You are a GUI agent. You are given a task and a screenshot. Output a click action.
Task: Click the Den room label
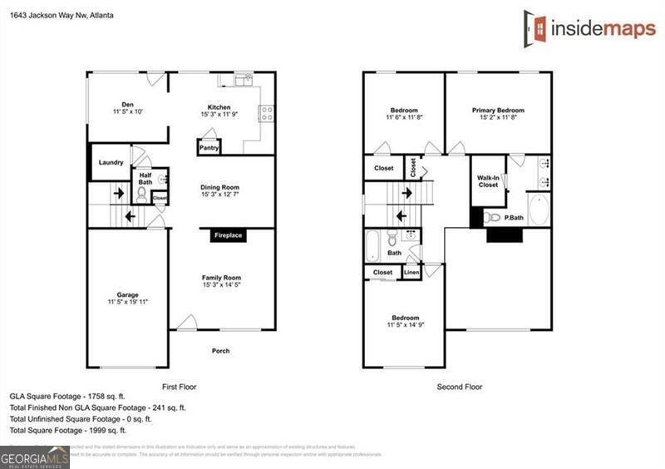[x=128, y=104]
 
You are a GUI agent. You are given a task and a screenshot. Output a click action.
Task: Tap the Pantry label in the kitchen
[x=208, y=149]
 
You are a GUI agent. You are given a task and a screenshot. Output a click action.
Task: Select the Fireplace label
[x=228, y=236]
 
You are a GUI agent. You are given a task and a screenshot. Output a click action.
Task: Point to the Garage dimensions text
[x=128, y=303]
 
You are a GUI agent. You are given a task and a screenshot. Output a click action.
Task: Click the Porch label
[x=220, y=351]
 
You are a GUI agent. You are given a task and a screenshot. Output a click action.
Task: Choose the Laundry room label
[x=111, y=163]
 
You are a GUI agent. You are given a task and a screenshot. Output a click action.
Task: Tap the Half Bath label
[x=145, y=178]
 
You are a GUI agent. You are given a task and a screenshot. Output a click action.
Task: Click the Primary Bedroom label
[x=498, y=110]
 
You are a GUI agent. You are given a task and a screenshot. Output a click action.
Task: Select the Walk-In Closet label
[x=488, y=181]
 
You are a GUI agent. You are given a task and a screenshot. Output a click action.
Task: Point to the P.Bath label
[x=513, y=218]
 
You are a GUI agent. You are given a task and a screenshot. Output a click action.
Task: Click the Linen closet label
[x=411, y=273]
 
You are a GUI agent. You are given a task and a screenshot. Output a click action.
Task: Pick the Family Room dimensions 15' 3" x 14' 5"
[x=221, y=286]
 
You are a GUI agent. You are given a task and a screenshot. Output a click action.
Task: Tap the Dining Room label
[x=220, y=187]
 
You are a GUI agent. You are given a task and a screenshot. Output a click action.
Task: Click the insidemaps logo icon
[x=534, y=27]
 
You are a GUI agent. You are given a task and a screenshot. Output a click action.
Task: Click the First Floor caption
[x=179, y=387]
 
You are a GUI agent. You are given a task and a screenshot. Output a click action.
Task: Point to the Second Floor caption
[x=460, y=387]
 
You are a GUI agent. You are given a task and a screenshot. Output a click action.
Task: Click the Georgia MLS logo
[x=35, y=457]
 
